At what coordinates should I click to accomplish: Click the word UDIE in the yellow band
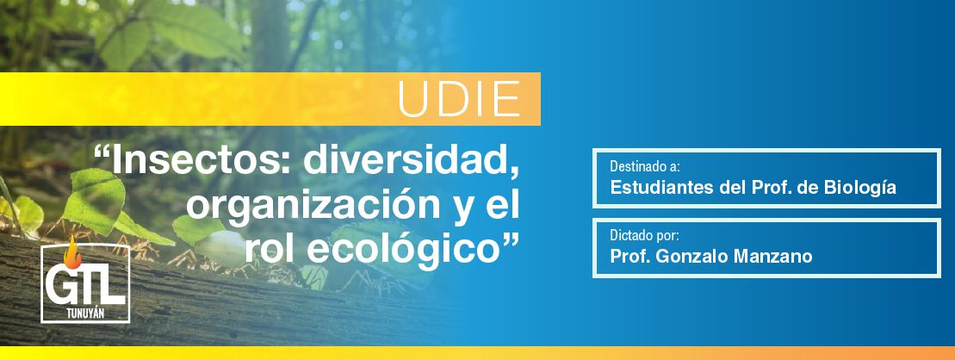[x=459, y=99]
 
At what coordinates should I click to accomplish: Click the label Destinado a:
[x=644, y=166]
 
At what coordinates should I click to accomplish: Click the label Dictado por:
[x=644, y=235]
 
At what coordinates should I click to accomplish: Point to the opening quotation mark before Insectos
[x=101, y=155]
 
